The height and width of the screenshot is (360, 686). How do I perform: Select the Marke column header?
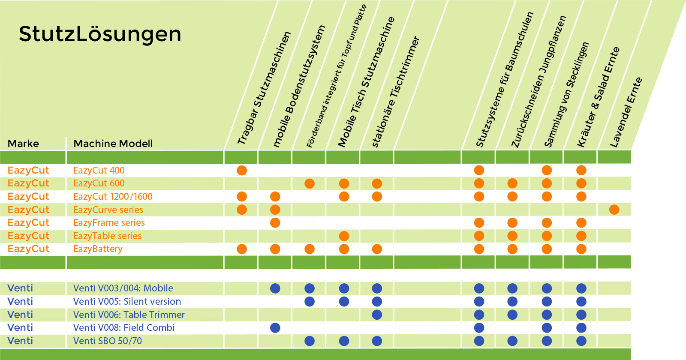pos(23,144)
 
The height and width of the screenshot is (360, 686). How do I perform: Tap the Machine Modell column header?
pos(113,144)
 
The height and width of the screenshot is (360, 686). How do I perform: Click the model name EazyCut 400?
pos(99,170)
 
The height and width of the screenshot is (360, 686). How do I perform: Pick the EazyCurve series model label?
pos(108,210)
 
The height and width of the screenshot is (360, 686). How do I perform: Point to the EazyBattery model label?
pos(98,249)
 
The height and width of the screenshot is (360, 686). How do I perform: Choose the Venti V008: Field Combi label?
pos(124,327)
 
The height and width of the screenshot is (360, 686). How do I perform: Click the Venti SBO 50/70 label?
pos(108,341)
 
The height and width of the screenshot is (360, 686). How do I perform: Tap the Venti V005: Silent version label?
pos(127,302)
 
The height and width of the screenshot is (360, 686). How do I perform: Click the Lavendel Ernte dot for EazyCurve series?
pos(614,210)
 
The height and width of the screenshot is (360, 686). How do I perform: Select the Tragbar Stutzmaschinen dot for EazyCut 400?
pos(242,170)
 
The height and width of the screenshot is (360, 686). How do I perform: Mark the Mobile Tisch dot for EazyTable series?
pos(344,236)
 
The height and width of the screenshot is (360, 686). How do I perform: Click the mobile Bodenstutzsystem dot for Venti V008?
pos(275,328)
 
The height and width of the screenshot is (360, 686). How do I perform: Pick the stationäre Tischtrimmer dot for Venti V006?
pos(377,315)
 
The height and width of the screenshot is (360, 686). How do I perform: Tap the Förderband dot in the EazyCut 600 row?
pos(309,184)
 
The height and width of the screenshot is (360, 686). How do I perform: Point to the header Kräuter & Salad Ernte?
pos(598,97)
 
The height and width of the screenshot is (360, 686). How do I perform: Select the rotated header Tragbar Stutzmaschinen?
pos(264,88)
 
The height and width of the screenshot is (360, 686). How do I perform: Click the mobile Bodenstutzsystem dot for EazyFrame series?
pos(275,223)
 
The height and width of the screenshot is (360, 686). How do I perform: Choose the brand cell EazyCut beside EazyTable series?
pos(28,236)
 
